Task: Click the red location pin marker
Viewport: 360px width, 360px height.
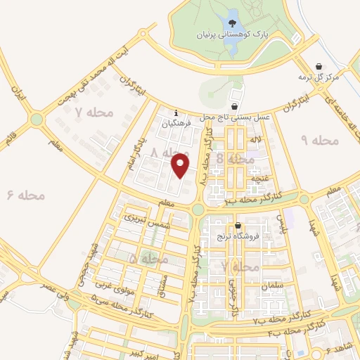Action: tap(181, 165)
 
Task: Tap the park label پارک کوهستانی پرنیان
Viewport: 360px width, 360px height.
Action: tap(224, 33)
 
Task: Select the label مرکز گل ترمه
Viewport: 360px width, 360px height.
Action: tap(319, 76)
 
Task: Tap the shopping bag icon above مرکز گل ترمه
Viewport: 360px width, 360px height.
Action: tap(320, 64)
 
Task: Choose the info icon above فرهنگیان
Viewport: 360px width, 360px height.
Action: tap(176, 112)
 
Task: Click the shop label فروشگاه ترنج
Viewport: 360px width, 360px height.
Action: tap(239, 237)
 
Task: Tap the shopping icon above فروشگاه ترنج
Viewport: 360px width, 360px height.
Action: tap(238, 226)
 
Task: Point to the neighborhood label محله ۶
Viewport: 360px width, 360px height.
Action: tap(25, 195)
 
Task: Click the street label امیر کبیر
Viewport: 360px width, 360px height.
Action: tap(140, 349)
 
